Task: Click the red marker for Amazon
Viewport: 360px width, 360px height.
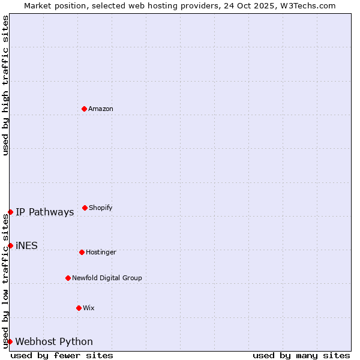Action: pos(85,109)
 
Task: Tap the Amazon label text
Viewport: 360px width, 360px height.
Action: pos(101,109)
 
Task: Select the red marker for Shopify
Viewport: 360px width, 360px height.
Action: pos(85,208)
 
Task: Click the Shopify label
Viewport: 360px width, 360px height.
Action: pos(101,208)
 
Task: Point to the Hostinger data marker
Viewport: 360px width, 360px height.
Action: pos(82,252)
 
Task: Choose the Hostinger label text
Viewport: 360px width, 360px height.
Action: pos(101,253)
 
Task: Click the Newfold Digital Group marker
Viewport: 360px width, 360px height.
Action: pos(68,278)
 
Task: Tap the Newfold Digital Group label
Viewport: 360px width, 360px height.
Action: pos(107,278)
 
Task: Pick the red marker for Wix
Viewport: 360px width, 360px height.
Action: pos(79,308)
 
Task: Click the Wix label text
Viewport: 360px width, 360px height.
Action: pos(89,308)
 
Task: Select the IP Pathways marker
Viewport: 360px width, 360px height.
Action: pos(10,212)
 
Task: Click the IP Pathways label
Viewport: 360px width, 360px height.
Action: pos(45,212)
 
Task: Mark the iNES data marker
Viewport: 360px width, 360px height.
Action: pos(10,245)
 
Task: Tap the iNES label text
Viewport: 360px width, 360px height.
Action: pos(26,246)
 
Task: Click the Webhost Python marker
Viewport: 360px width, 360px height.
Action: pos(10,341)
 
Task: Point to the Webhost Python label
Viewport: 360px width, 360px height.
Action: pos(54,342)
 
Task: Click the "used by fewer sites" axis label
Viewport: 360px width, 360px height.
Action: pos(62,355)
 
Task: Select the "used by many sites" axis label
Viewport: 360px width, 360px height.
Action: pos(301,355)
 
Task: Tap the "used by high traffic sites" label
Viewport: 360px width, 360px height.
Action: pos(5,85)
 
